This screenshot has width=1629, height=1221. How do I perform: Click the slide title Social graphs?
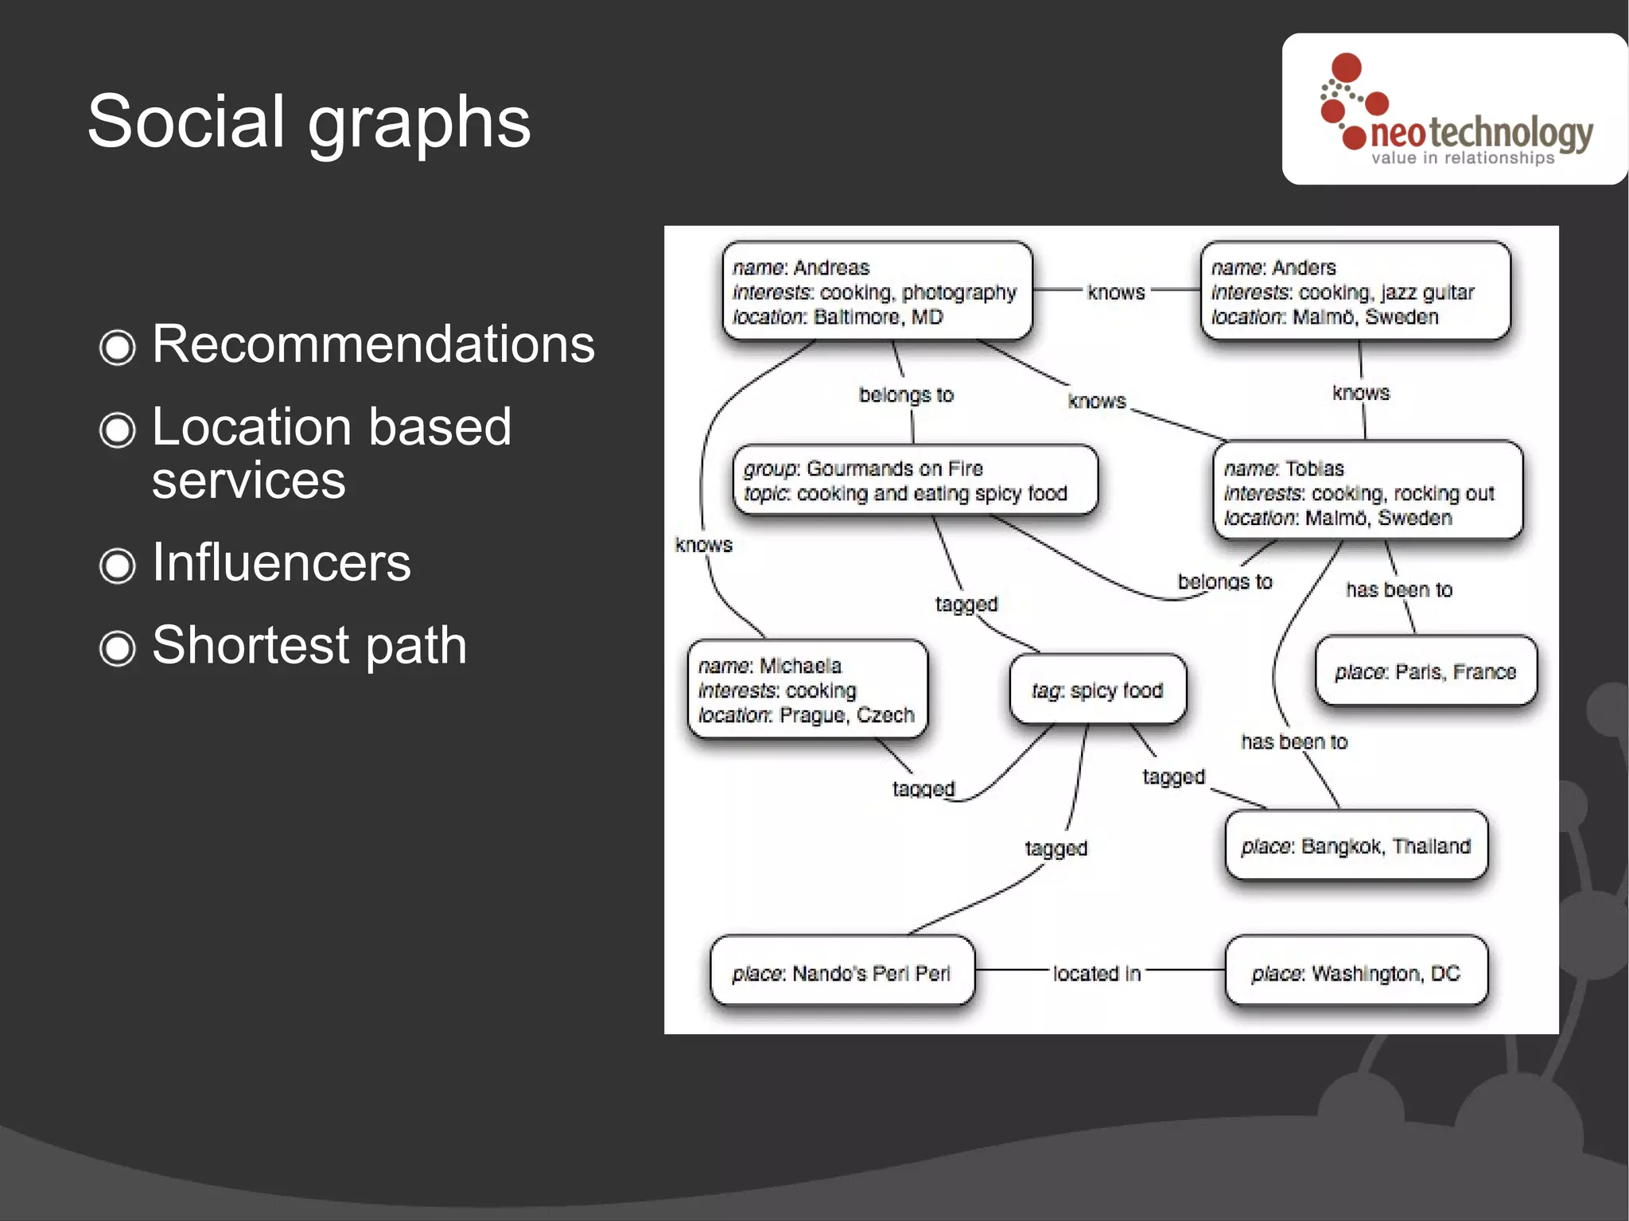point(309,121)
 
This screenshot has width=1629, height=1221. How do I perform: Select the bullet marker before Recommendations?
point(117,347)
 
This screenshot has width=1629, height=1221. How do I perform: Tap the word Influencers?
point(281,562)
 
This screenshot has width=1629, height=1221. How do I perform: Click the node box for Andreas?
point(877,292)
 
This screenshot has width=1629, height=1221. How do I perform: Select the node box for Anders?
point(1355,292)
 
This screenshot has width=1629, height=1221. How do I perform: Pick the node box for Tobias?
point(1367,492)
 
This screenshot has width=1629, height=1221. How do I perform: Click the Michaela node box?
point(807,690)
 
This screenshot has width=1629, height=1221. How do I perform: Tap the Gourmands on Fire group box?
point(915,480)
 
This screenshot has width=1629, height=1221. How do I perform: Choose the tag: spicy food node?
point(1098,690)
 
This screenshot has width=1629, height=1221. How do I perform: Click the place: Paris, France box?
point(1425,671)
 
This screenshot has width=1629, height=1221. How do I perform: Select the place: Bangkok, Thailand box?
point(1355,846)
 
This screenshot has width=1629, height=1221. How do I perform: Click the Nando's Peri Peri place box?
point(842,973)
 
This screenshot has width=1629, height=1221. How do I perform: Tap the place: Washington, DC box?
point(1355,973)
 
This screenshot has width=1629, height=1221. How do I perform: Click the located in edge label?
point(1097,973)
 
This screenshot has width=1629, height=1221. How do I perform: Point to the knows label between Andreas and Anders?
point(1116,292)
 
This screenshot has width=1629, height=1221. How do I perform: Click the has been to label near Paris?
point(1398,589)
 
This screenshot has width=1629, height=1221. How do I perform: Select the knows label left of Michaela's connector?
point(703,545)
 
